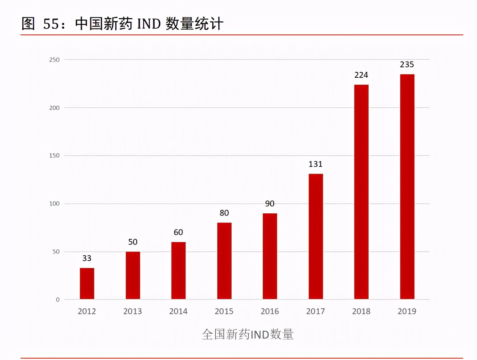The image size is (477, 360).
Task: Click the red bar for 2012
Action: point(87,283)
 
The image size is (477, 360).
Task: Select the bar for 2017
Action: point(315,236)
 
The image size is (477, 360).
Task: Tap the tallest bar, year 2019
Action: point(407,187)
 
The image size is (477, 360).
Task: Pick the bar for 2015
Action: point(224,261)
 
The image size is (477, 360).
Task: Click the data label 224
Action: point(361,75)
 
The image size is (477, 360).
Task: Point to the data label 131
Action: point(315,164)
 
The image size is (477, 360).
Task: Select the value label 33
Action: point(87,258)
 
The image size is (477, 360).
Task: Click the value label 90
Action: point(270,203)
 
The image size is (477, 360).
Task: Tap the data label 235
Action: point(407,65)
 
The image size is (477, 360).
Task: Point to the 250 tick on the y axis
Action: point(54,60)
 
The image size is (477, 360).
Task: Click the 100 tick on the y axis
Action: point(54,204)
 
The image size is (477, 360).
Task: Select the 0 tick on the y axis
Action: point(58,300)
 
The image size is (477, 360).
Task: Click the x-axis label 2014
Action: point(178,311)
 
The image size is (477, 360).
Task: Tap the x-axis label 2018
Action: point(361,311)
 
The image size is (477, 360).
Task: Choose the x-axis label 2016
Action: point(270,311)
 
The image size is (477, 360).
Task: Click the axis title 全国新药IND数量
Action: point(248,334)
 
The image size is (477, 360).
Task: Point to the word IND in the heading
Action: point(149,24)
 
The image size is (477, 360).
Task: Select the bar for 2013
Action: point(133,275)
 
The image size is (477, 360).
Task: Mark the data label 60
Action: point(178,232)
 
